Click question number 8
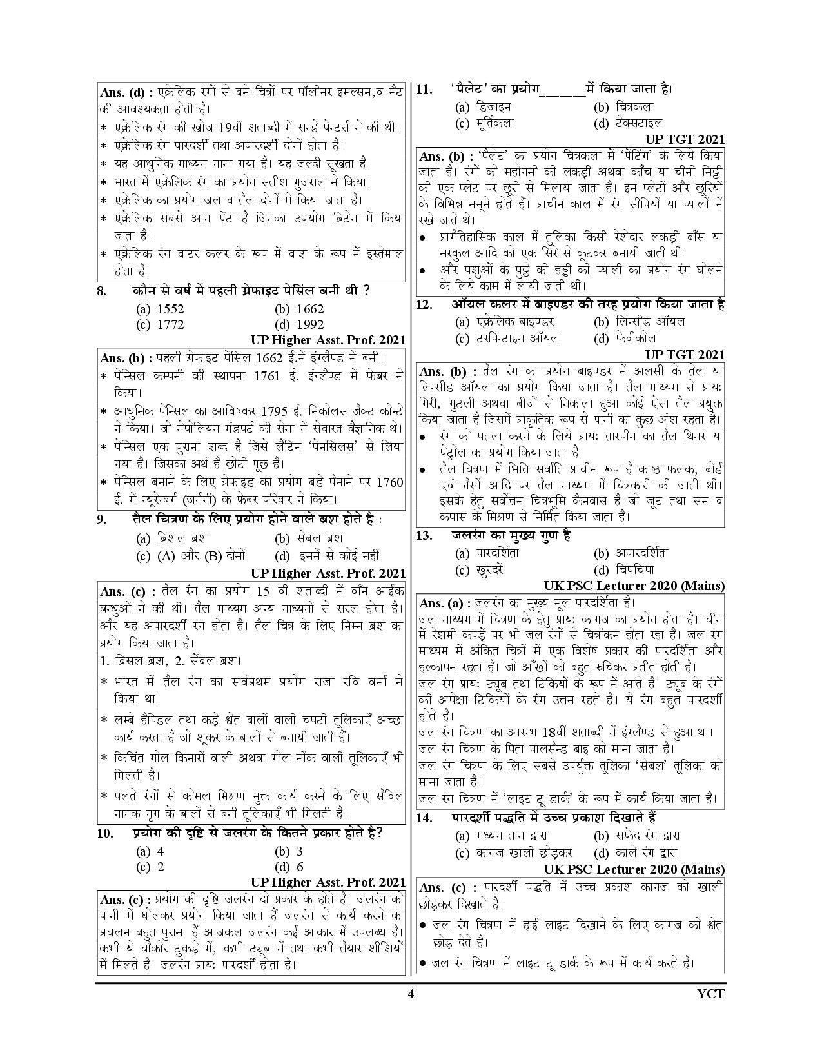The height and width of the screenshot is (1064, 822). coord(101,291)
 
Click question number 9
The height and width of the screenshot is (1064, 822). coord(101,519)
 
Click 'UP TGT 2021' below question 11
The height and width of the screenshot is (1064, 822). coord(685,139)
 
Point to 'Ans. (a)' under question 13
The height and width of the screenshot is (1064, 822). coord(440,603)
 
